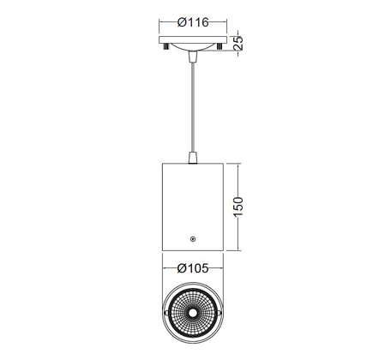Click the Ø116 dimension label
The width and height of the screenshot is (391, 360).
click(193, 22)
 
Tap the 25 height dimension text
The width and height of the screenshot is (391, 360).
click(238, 43)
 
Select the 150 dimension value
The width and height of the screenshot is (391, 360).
click(238, 207)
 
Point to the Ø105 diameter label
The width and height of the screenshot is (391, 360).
click(193, 268)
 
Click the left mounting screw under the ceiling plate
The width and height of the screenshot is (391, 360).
click(165, 46)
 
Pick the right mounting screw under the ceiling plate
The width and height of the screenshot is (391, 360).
click(220, 46)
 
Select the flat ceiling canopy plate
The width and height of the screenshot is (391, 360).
click(193, 40)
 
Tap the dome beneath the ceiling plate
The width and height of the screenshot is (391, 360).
click(193, 47)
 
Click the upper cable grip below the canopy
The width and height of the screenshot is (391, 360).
click(193, 57)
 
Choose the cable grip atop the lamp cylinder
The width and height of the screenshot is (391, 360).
click(193, 158)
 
